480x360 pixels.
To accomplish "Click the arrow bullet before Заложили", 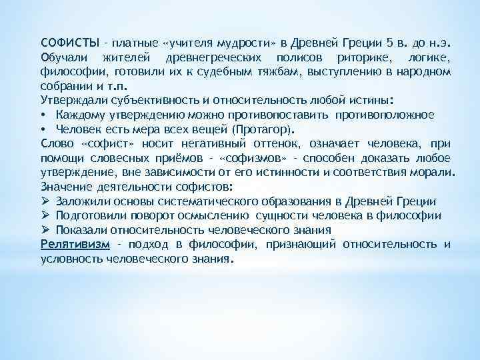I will (x=45, y=201).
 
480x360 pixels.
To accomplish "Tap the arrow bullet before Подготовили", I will (x=45, y=215).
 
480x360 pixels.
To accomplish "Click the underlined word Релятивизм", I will (x=71, y=244).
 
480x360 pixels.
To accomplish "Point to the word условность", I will (x=71, y=259).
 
